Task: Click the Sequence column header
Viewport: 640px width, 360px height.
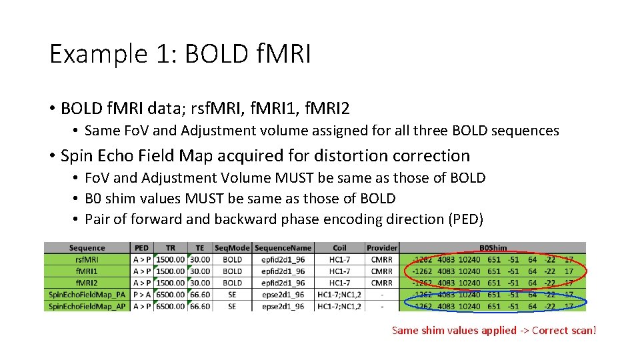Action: (87, 248)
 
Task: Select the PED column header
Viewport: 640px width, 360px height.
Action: (142, 248)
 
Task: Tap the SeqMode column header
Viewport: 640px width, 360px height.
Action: (233, 248)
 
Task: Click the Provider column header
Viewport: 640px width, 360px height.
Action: (382, 248)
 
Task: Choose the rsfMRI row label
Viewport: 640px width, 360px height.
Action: (87, 260)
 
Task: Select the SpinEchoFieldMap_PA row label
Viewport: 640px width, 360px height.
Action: (87, 294)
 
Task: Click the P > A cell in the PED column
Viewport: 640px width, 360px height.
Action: (142, 294)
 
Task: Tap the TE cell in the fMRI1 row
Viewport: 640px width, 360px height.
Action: (199, 271)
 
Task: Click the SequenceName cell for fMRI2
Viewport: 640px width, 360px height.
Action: (283, 283)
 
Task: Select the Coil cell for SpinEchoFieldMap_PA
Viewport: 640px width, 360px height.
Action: (339, 294)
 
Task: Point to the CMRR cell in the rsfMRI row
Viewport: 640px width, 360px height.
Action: (382, 260)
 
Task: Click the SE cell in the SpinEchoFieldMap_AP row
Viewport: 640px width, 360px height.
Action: (233, 306)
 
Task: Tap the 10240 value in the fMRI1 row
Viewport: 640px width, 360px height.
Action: (469, 271)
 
